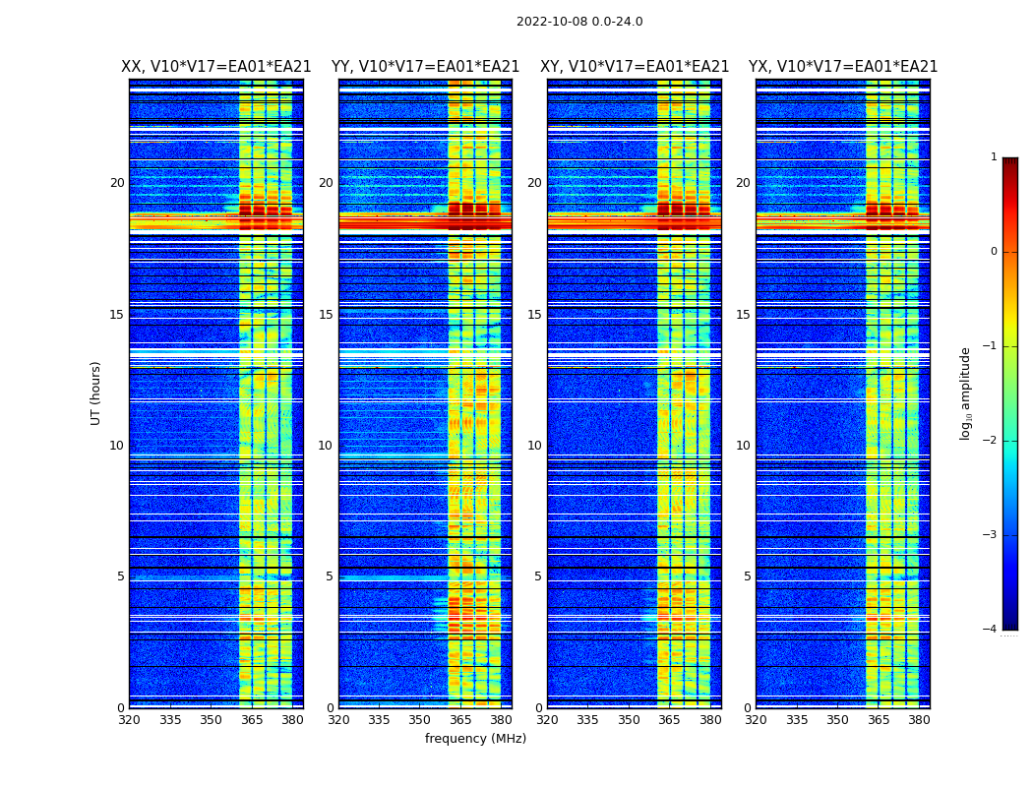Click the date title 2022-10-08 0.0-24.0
pos(579,22)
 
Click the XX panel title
pos(216,67)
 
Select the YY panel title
pos(425,67)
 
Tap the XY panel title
pos(635,67)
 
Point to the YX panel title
pos(843,67)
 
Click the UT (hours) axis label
pos(95,393)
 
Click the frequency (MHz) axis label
pos(475,739)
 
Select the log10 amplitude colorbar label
pos(966,393)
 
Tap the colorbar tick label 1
pos(994,157)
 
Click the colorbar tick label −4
pos(991,630)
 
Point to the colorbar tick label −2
pos(991,441)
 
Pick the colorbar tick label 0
pos(994,252)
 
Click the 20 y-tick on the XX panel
pos(117,183)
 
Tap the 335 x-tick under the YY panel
pos(379,720)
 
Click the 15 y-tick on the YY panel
pos(326,315)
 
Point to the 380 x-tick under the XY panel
pos(710,720)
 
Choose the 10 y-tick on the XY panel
pos(534,446)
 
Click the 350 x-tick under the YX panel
pos(837,720)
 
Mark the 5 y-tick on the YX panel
pos(747,576)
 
